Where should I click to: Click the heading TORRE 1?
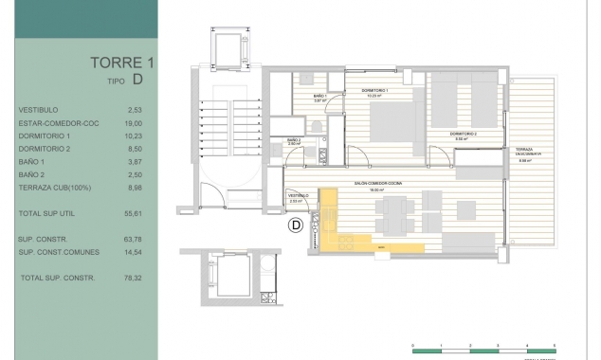click(123, 63)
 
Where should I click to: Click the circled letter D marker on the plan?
click(295, 225)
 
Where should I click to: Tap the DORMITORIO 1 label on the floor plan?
click(375, 91)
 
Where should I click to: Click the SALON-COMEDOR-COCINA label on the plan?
click(380, 185)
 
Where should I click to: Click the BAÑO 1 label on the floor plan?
click(319, 98)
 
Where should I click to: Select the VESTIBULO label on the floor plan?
click(299, 197)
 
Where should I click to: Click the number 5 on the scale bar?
click(554, 345)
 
